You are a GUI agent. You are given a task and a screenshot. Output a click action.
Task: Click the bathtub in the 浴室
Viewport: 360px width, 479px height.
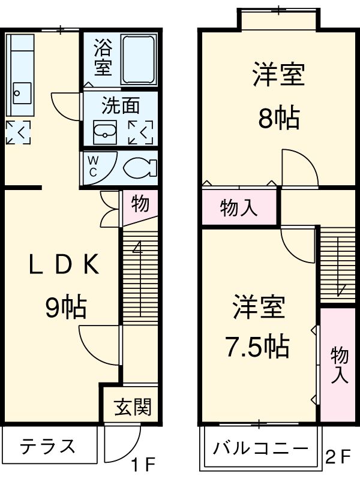pos(139,59)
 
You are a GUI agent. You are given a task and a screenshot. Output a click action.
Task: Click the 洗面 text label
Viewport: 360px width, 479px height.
pos(120,106)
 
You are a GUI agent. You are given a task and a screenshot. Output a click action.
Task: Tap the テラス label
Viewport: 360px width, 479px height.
pos(48,446)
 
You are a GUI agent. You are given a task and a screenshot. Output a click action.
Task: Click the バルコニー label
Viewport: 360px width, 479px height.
pos(260,448)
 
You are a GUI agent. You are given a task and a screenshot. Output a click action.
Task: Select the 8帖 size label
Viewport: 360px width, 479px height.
pos(278,119)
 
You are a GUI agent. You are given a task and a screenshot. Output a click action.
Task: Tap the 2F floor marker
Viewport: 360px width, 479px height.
pos(337,457)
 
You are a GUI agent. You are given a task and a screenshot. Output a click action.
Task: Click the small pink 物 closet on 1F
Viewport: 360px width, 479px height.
pos(140,204)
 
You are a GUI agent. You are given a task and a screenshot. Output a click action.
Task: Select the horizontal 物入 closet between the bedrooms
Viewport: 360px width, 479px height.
pos(239,207)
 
